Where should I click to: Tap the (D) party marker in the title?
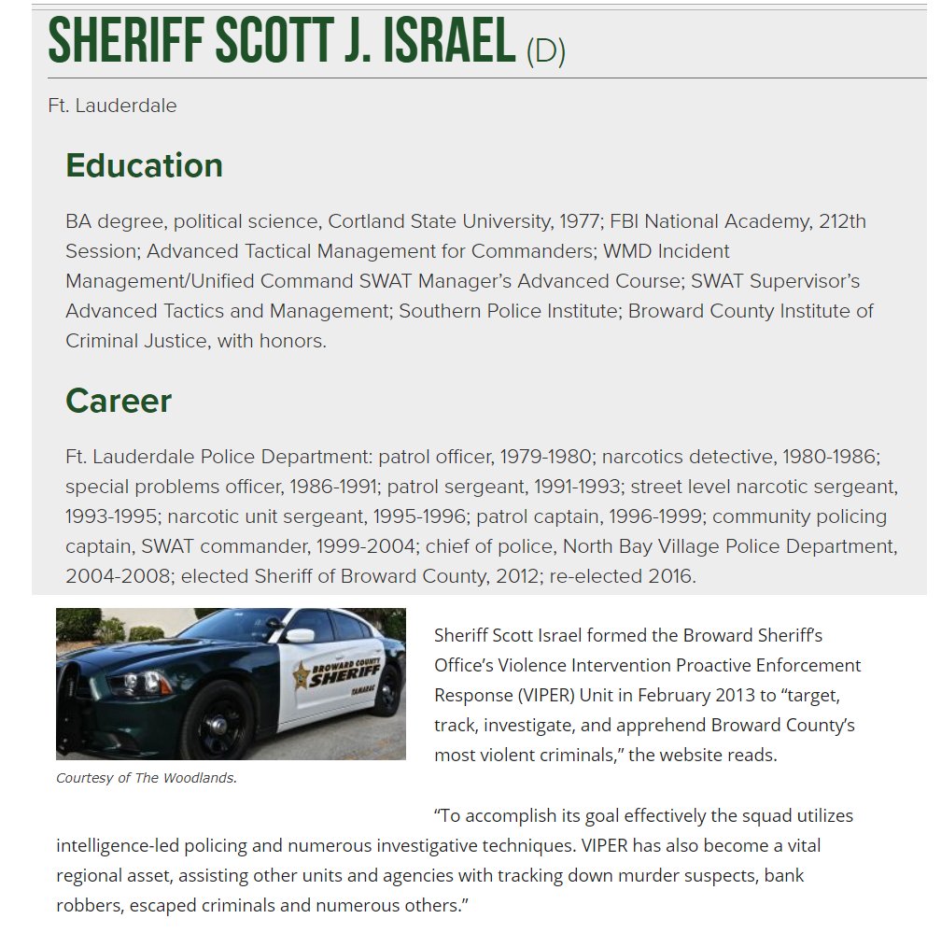[546, 50]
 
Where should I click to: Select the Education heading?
[144, 165]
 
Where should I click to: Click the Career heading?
[119, 401]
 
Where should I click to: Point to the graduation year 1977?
[580, 221]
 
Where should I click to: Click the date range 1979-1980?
[545, 457]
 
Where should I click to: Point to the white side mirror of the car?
[301, 636]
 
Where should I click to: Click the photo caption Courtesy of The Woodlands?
[147, 778]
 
